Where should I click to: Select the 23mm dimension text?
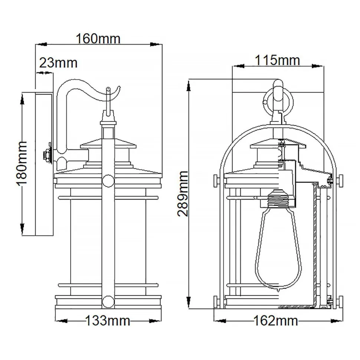point(59,63)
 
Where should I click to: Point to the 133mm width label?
point(108,320)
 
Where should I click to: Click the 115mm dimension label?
point(277,60)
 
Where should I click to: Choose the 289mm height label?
point(182,193)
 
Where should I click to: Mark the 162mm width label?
point(276,320)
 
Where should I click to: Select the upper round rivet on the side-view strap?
point(108,181)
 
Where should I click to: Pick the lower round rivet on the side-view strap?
point(108,301)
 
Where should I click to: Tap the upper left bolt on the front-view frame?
point(216,181)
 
